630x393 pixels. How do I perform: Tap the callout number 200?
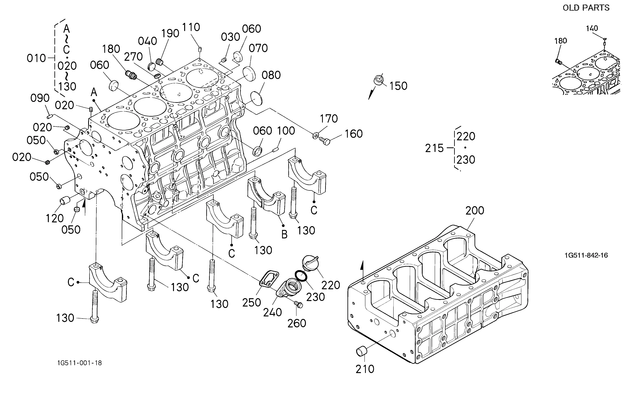click(x=475, y=210)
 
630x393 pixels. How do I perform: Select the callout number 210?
click(x=365, y=369)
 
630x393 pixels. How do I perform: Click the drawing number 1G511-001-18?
click(x=80, y=363)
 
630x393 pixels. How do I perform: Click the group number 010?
click(x=36, y=58)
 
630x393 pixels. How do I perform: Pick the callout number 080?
click(x=271, y=75)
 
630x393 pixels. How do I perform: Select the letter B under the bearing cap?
click(x=284, y=234)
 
